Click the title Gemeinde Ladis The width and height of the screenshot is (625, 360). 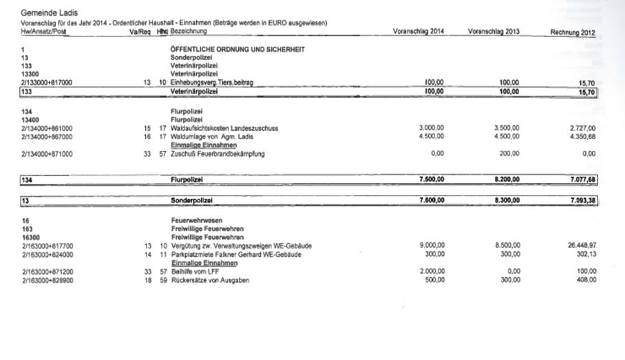point(50,13)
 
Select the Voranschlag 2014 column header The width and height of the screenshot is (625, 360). point(419,32)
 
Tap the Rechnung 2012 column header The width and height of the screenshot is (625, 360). point(573,33)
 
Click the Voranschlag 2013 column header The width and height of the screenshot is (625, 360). point(494,32)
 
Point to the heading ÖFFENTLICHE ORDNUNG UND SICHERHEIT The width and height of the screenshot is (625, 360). point(237,50)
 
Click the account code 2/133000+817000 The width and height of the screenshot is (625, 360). point(47,83)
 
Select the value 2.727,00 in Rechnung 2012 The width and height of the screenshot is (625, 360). point(582,128)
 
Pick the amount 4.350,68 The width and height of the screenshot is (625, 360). point(582,136)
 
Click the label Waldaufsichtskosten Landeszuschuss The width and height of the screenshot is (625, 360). point(224,128)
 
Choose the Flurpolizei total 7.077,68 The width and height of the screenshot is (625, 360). point(582,180)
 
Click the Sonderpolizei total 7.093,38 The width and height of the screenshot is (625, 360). point(582,200)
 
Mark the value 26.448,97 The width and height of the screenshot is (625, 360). point(580,246)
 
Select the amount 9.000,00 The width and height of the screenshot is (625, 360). point(431,246)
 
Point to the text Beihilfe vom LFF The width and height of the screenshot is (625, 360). point(195,271)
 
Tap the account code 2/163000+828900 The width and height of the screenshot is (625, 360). point(47,279)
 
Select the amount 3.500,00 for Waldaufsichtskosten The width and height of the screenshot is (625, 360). point(507,128)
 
